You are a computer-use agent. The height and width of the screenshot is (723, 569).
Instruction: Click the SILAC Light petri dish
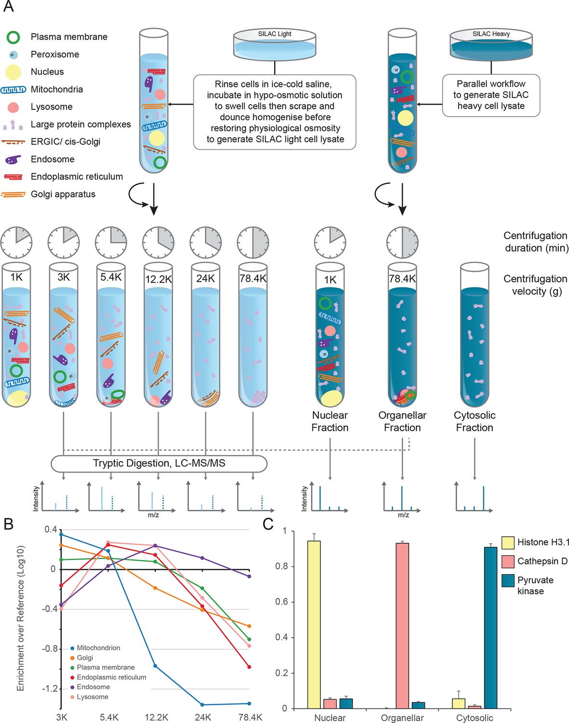coord(275,44)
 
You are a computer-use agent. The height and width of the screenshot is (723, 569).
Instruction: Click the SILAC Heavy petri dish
coord(491,44)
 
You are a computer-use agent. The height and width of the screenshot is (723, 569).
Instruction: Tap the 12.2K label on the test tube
coord(158,279)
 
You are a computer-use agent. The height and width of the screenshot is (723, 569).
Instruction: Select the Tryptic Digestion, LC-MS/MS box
coord(159,463)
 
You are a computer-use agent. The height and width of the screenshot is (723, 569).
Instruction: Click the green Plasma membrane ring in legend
coord(13,37)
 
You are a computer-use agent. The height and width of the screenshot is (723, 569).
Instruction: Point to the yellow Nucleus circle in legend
coord(13,72)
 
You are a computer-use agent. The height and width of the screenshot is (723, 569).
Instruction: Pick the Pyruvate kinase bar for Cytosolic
coord(490,627)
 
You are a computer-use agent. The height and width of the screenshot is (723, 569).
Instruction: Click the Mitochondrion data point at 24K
coord(202,705)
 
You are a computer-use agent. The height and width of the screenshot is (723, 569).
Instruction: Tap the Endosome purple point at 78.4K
coord(249,576)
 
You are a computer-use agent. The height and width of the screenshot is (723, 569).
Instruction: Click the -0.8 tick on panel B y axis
coord(50,649)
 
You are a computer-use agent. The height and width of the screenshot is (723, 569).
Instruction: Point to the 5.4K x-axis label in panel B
coord(109,717)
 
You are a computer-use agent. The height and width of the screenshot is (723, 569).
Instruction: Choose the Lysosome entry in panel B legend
coord(92,697)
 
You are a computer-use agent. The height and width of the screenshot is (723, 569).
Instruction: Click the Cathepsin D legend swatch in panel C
coord(508,562)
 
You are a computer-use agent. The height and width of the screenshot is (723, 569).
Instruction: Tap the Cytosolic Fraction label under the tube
coord(474,421)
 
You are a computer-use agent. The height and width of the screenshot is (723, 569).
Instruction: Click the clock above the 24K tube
coord(206,242)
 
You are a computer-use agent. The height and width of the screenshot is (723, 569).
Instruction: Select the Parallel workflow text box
coord(491,95)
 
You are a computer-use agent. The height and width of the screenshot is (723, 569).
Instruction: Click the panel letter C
coord(268,524)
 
